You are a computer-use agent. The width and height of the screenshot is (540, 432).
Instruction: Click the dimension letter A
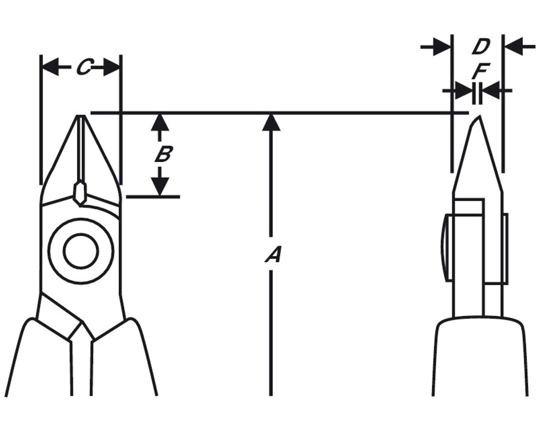pos(273,254)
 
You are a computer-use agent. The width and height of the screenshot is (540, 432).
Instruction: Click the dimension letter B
pos(164,153)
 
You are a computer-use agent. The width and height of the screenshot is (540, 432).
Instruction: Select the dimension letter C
pos(85,67)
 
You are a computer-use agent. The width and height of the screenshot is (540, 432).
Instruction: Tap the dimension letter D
pos(481,47)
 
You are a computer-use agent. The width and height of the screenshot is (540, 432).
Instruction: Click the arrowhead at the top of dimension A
pos(271,122)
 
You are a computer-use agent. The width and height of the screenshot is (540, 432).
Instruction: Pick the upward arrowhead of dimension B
pos(160,122)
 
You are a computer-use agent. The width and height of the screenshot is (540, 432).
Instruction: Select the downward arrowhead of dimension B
pos(160,186)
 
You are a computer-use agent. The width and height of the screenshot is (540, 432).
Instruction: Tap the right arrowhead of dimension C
pos(111,67)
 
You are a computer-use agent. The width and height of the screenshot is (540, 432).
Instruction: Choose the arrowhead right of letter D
pos(514,47)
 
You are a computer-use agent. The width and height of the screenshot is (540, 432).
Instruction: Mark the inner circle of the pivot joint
pos(81,251)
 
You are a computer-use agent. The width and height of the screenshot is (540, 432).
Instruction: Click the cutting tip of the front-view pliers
pos(81,116)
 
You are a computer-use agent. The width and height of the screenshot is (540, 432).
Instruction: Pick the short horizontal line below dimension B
pos(153,197)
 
